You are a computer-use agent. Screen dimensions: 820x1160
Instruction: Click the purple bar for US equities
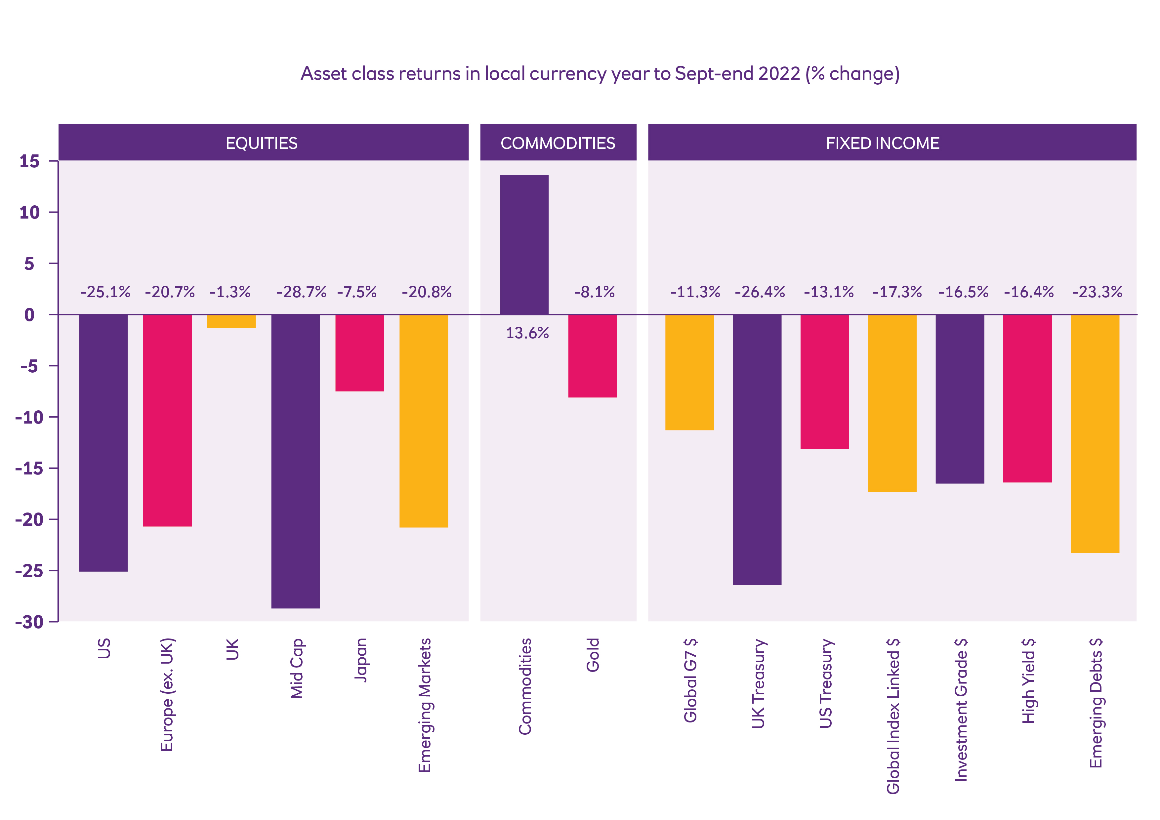tap(103, 443)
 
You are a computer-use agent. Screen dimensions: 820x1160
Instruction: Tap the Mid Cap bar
tap(296, 461)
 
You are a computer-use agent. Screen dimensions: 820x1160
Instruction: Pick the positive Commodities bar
tap(524, 245)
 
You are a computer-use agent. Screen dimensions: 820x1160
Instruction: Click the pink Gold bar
tap(592, 356)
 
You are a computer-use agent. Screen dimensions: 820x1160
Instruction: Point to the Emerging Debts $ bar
tap(1095, 433)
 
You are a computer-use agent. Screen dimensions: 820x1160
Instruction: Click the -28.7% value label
tap(301, 292)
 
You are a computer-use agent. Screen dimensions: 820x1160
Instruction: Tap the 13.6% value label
tap(527, 333)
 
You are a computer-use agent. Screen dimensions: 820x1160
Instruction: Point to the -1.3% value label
tap(230, 292)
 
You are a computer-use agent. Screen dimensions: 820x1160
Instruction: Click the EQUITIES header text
tap(261, 143)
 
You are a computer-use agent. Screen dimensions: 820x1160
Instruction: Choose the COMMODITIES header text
tap(558, 143)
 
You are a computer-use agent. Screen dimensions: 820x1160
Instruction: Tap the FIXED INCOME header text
tap(883, 143)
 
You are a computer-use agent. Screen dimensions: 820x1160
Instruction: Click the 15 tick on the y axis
tap(29, 162)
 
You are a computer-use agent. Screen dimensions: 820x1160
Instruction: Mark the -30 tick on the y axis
tap(29, 622)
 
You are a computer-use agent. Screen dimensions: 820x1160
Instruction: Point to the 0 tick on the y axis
tap(29, 315)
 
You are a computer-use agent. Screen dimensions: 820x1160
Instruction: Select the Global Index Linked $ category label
tap(893, 716)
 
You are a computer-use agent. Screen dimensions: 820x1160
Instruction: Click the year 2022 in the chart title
tap(779, 74)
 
